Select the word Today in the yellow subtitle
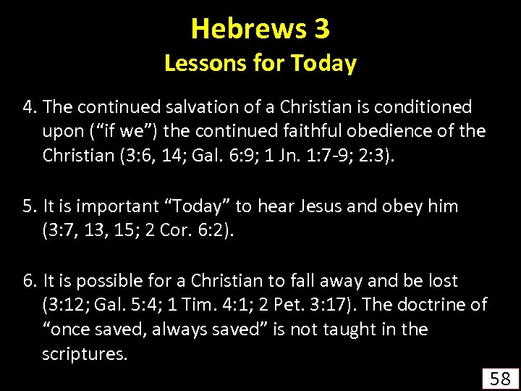[323, 64]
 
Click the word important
[114, 206]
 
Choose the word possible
[102, 281]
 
